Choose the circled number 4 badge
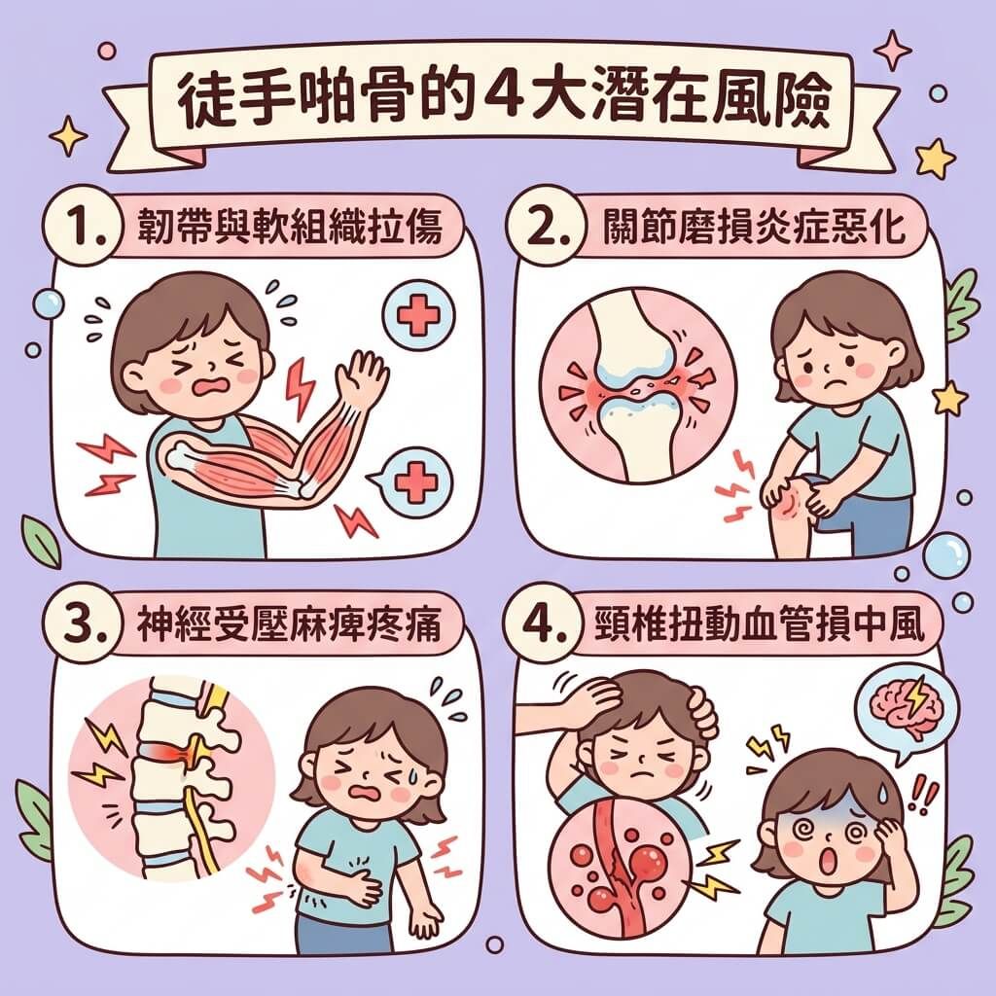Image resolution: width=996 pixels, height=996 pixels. (x=541, y=623)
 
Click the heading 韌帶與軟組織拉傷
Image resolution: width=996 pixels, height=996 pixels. (x=290, y=227)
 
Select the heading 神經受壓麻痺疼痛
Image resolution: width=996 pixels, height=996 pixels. (x=290, y=623)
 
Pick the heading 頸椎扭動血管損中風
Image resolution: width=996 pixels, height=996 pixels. (x=758, y=623)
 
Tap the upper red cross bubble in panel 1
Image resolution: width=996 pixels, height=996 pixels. (x=418, y=315)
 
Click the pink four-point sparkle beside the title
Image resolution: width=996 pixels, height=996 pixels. (x=893, y=51)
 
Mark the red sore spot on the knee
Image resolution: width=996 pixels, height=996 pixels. (x=789, y=502)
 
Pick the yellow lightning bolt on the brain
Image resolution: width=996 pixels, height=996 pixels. (x=917, y=696)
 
